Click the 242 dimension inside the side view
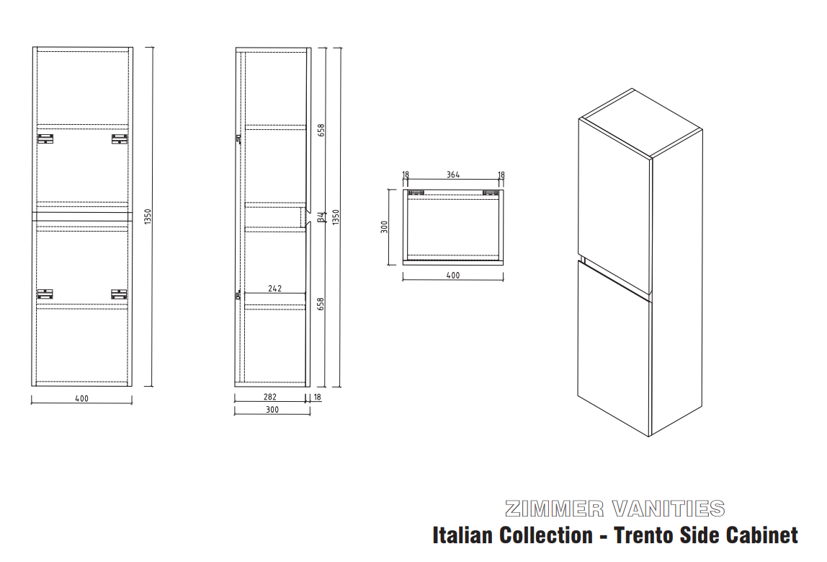click(x=274, y=289)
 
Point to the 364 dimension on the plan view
click(x=453, y=175)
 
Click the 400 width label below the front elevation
click(x=81, y=399)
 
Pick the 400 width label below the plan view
click(x=453, y=275)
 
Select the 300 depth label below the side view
click(x=272, y=410)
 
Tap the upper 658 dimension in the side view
click(x=321, y=130)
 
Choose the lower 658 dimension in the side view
click(x=321, y=304)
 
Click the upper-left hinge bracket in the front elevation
click(x=45, y=139)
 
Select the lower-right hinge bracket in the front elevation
click(x=119, y=294)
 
